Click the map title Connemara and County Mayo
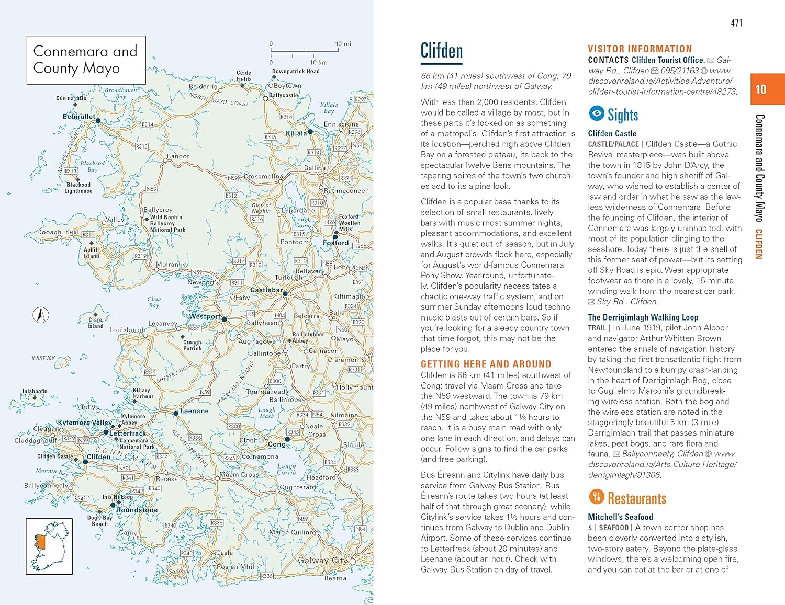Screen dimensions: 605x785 coord(86,60)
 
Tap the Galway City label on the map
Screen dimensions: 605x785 coord(322,561)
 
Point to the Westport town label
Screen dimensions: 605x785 coord(205,316)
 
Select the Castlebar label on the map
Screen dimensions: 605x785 coord(266,290)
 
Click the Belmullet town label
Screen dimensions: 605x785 coord(79,117)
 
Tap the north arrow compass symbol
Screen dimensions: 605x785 coord(41,315)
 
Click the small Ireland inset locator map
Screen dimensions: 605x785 coord(49,546)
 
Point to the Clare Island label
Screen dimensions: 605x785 coord(95,323)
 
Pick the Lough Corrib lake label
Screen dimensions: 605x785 coord(286,469)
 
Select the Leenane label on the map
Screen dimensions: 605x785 coord(194,411)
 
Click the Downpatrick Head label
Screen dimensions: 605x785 coord(296,71)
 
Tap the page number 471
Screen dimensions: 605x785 coord(736,22)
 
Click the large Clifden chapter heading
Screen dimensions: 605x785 coord(442,51)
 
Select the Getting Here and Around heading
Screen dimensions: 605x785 coord(486,364)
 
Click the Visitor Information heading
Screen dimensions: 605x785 coord(640,49)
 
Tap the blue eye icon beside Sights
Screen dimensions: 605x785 coord(596,113)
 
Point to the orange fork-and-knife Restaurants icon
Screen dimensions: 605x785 coord(596,497)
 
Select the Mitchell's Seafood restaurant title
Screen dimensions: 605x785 coord(620,517)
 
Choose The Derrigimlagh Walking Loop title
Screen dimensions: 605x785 coord(643,317)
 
